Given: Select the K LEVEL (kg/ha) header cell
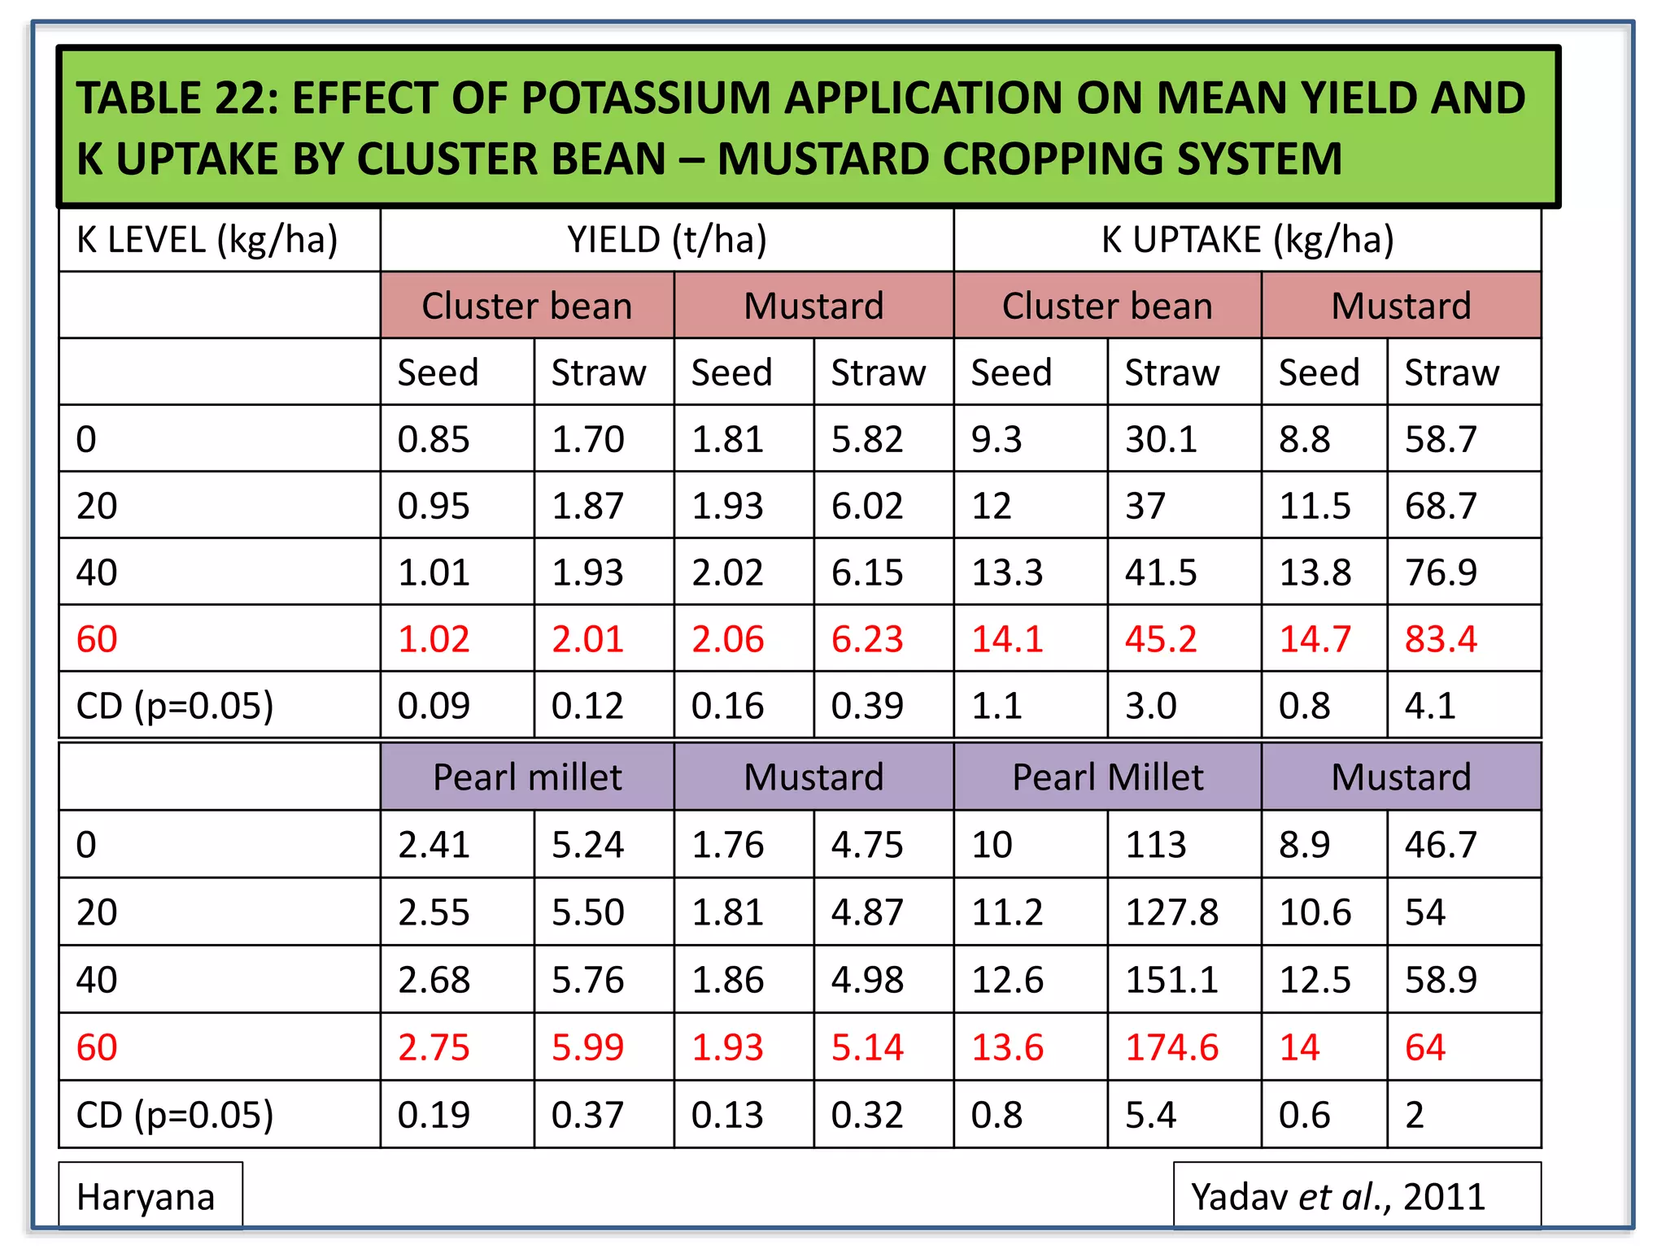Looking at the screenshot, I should tap(207, 241).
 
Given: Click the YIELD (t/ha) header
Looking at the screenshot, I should tap(666, 241).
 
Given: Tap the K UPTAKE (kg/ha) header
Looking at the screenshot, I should tap(1247, 241).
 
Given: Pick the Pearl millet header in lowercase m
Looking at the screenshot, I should tap(527, 777).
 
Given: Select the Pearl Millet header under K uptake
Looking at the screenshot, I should tap(1107, 777).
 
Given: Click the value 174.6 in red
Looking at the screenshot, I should tap(1171, 1047).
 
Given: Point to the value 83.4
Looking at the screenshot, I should tap(1440, 639).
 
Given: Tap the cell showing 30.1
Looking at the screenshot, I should tap(1161, 440).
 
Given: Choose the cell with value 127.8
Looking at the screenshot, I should tap(1171, 912).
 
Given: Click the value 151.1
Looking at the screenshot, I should tap(1171, 980).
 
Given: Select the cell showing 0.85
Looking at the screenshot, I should tap(434, 440).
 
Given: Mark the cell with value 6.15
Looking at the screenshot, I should tap(867, 572).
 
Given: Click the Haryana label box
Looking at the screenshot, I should tap(146, 1197).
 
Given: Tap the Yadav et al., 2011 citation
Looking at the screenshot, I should tap(1338, 1197).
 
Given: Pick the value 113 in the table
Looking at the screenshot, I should tap(1155, 845).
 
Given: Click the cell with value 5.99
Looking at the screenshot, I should tap(587, 1047).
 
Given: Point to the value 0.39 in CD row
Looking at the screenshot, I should tap(867, 706).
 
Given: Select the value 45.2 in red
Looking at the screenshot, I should tap(1161, 639).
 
